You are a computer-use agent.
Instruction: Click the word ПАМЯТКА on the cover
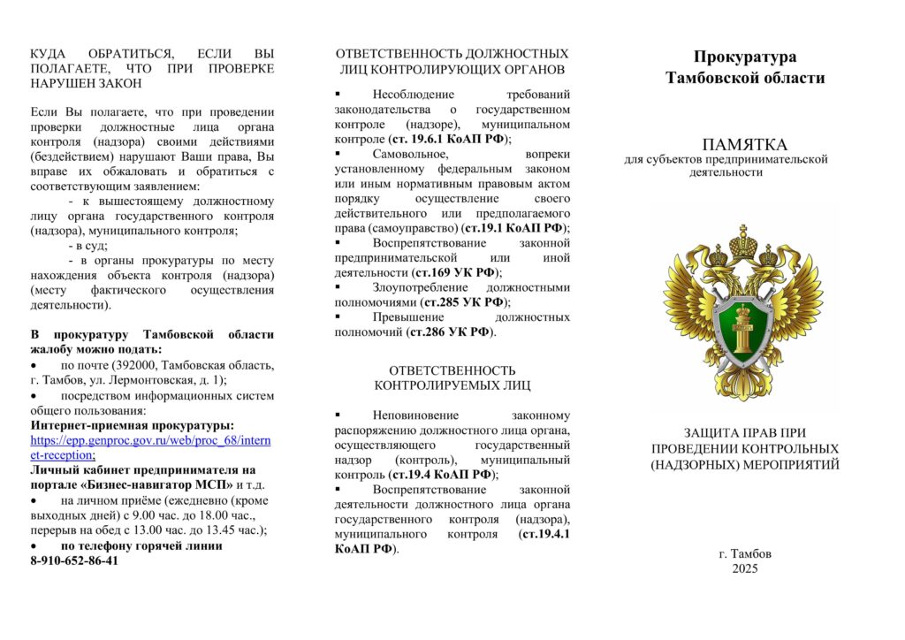tap(744, 143)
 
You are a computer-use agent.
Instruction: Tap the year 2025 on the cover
tap(744, 568)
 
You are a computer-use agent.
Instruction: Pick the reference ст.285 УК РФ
tap(463, 302)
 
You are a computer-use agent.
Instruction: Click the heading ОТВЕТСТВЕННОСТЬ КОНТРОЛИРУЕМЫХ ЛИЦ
tap(452, 377)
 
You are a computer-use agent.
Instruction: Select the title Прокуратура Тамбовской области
tap(744, 67)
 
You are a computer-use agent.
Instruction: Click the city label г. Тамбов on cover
tap(744, 553)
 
